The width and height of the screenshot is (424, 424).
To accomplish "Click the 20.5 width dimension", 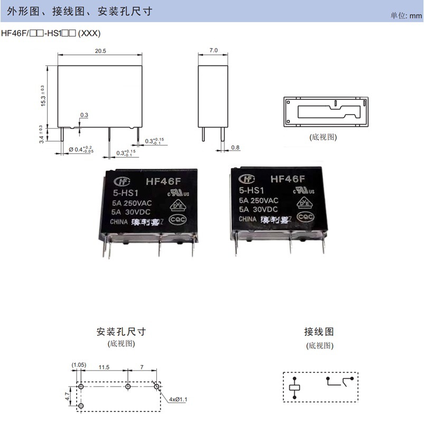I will click(100, 51).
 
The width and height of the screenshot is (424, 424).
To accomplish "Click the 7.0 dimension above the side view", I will click(213, 50).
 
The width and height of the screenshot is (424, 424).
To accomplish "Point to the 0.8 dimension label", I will click(235, 147).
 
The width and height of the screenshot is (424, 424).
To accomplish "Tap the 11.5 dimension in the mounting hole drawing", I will click(104, 366).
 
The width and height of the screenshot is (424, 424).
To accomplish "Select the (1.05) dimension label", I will click(79, 365).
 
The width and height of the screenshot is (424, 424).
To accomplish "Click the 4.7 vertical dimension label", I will click(67, 395).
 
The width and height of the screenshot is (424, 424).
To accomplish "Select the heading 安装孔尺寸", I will click(121, 332).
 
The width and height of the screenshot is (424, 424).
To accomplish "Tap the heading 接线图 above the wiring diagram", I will click(319, 332).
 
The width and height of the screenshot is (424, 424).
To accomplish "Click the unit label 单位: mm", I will click(406, 15).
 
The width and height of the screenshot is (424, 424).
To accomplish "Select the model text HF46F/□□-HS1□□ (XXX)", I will click(51, 33).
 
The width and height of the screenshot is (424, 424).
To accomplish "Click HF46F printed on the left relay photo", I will click(163, 181).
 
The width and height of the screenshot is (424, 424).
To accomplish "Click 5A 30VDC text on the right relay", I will click(259, 210).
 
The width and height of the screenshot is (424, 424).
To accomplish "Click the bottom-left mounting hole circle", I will click(81, 405).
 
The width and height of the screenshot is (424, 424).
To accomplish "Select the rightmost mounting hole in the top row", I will click(156, 387).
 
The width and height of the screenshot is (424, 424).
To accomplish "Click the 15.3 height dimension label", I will click(43, 96).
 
